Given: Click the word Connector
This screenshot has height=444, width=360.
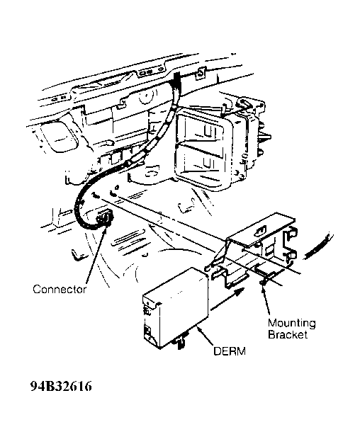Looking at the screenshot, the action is click(x=60, y=290).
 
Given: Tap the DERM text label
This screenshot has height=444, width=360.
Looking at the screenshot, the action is click(x=230, y=351).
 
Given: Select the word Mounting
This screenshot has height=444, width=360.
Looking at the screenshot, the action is click(x=292, y=324).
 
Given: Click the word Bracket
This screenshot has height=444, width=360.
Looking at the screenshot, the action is click(x=288, y=335).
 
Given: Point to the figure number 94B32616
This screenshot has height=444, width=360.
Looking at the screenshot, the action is click(x=61, y=386).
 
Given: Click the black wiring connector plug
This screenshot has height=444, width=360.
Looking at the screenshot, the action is click(x=104, y=218).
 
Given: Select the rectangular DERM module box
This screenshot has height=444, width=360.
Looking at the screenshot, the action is click(x=176, y=307).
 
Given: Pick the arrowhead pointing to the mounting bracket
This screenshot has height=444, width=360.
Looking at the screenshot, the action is click(x=264, y=284).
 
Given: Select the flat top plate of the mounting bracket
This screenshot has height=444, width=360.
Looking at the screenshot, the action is click(x=262, y=228).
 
